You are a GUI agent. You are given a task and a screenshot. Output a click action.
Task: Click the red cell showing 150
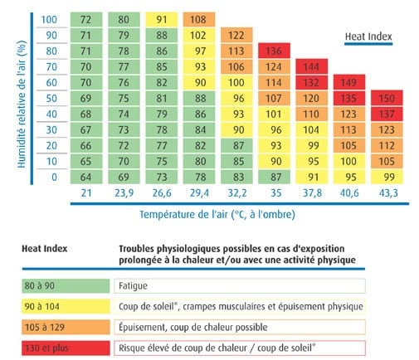point(387,98)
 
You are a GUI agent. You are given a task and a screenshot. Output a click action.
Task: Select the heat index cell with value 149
point(349,82)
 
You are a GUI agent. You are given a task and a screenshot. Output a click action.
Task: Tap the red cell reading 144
point(311,66)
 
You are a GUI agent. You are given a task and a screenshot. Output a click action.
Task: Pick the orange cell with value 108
point(199,19)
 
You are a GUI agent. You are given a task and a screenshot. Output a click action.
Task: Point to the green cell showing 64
point(86,177)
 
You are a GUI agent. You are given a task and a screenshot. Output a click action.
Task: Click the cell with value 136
point(274,51)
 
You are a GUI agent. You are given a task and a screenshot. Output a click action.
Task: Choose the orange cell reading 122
point(236,35)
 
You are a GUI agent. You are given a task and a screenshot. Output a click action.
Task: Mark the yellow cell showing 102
point(199,35)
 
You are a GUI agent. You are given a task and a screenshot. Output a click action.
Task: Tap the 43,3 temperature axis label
point(388,192)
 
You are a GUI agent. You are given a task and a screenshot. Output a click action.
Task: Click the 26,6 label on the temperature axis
point(162,192)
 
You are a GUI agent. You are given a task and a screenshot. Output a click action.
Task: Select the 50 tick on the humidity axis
point(51,98)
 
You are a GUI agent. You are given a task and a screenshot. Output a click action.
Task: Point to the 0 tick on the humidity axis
point(54,177)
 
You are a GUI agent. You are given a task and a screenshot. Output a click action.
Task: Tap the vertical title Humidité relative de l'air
point(22,105)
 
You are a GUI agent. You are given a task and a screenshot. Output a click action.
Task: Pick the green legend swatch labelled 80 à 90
point(66,286)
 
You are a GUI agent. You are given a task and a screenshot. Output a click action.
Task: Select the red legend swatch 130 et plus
point(66,348)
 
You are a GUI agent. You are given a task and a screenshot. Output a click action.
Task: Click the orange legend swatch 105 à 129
point(66,327)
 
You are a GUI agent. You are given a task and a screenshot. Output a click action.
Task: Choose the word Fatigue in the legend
point(133,286)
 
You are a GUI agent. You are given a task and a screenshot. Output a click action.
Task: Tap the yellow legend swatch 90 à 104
point(66,306)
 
